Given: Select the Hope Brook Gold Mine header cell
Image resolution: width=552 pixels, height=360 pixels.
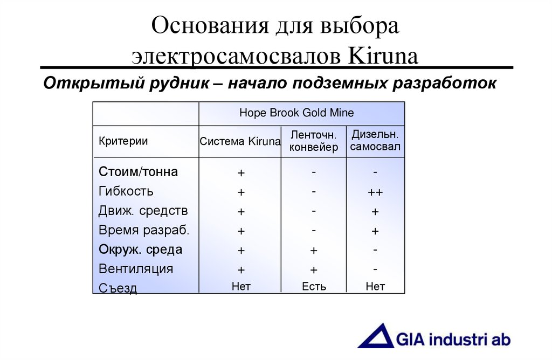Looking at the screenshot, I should click(296, 113).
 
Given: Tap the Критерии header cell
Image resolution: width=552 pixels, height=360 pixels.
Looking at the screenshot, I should click(123, 142).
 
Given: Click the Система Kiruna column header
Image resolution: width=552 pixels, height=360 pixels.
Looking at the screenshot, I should click(240, 142).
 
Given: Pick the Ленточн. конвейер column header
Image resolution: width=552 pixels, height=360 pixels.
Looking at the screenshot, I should click(314, 141).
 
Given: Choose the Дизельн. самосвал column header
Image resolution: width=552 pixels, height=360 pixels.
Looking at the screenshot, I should click(375, 141).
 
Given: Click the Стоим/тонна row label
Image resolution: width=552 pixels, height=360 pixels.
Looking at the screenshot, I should click(138, 172).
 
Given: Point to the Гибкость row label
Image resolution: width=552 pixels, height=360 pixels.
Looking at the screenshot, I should click(126, 191).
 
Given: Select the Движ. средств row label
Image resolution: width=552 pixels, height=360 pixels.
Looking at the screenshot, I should click(143, 211).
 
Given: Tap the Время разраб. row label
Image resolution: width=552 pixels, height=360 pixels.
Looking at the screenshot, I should click(144, 230).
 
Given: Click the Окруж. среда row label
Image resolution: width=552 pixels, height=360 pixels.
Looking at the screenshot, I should click(140, 250).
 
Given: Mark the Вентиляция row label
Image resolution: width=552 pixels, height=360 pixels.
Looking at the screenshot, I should click(136, 269).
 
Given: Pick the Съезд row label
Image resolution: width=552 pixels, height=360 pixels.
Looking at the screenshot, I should click(118, 288).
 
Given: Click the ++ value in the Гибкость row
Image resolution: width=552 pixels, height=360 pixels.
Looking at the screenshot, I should click(375, 192).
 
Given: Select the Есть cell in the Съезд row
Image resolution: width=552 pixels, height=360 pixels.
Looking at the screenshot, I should click(314, 287).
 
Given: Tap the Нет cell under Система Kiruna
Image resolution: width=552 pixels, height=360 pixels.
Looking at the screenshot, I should click(241, 287).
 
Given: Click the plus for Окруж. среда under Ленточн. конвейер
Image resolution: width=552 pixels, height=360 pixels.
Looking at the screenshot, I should click(314, 251).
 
